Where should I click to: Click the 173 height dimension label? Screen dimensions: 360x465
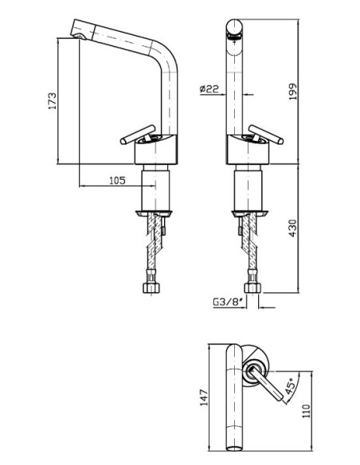53,101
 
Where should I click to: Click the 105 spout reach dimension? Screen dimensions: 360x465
117,180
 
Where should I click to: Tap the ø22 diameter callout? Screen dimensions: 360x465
209,88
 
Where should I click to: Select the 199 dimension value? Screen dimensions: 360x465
292,92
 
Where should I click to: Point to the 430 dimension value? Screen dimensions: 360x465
292,228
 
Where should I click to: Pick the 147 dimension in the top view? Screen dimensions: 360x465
204,397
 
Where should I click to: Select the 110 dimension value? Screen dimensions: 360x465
306,411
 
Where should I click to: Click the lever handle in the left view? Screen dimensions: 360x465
138,135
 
